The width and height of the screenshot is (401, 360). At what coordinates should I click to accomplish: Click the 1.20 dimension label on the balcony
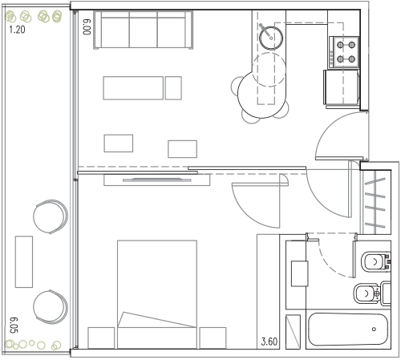(x=17, y=30)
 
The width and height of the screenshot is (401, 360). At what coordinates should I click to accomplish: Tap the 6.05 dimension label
(x=14, y=325)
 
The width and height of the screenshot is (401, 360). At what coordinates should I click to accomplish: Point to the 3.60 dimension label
(x=269, y=342)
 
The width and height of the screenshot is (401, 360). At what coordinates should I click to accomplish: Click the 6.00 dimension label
(x=87, y=26)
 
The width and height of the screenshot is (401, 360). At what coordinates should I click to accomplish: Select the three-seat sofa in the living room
(x=143, y=30)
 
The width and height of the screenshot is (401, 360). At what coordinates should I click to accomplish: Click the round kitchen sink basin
(x=271, y=38)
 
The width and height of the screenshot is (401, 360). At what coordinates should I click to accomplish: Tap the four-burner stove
(x=345, y=52)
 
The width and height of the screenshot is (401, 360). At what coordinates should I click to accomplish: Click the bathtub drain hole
(x=374, y=330)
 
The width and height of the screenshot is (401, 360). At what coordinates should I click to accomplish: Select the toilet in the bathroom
(x=376, y=262)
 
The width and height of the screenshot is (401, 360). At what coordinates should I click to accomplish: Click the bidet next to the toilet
(x=372, y=293)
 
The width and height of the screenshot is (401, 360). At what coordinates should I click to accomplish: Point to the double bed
(x=157, y=294)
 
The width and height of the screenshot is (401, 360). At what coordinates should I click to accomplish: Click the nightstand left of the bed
(x=101, y=338)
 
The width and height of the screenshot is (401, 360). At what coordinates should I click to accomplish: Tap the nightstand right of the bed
(x=213, y=338)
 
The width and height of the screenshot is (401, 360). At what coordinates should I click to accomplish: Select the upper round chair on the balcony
(x=51, y=216)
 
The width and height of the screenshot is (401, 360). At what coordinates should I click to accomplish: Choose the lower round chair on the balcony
(x=51, y=307)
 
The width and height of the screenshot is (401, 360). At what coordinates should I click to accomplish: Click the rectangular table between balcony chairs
(x=24, y=261)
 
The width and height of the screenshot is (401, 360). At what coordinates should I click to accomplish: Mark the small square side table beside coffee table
(x=173, y=88)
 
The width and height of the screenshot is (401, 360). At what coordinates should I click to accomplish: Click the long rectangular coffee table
(x=133, y=88)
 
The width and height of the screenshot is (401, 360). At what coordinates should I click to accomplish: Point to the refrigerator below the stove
(x=342, y=88)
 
